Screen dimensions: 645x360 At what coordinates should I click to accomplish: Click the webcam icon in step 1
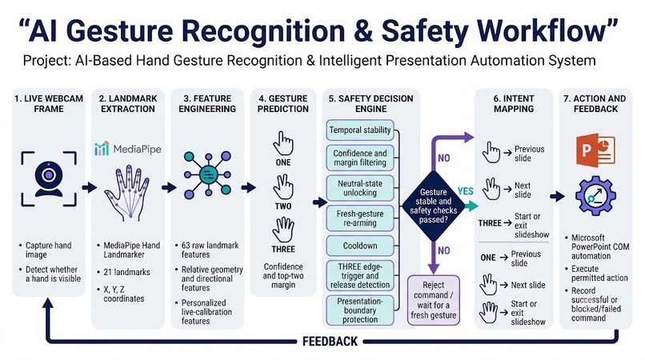point(49,178)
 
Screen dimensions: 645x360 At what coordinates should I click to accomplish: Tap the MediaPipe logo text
point(137,149)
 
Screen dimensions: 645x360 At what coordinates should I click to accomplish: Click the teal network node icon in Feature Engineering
point(208,175)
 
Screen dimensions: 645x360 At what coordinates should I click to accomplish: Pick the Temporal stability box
point(360,130)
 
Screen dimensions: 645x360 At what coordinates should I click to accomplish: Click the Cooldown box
point(360,246)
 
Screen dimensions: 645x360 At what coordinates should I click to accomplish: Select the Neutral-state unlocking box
point(360,188)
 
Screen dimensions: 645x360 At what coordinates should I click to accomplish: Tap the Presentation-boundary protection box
point(360,310)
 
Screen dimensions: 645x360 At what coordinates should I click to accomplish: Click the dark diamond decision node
point(433,206)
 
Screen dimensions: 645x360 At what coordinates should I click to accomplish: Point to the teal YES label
point(465,191)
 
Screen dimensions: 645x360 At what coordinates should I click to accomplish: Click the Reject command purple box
point(434,301)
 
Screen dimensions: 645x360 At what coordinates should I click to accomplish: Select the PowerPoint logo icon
point(595,150)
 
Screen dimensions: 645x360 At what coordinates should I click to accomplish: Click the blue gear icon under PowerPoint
point(595,196)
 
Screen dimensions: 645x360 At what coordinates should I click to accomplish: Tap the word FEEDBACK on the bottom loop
point(330,342)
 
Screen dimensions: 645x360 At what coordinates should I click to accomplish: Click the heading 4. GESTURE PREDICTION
point(283,104)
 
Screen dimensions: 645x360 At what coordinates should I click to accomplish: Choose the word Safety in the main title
point(425,31)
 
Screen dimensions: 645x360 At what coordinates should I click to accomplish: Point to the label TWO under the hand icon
point(283,206)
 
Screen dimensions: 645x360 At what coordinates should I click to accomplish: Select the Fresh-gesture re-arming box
point(360,218)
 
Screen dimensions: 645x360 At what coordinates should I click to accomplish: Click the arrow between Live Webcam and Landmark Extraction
point(90,188)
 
